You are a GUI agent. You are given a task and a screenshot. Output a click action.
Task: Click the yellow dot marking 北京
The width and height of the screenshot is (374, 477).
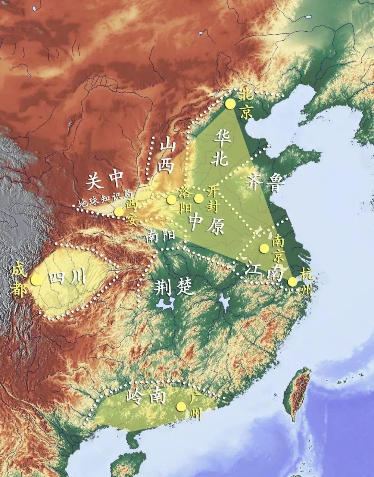231,104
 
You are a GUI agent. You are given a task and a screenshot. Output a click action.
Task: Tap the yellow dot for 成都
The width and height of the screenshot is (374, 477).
36,280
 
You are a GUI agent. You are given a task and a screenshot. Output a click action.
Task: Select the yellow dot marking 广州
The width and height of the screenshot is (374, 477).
181,406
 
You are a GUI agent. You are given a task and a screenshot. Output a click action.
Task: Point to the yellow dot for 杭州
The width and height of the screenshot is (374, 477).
293,282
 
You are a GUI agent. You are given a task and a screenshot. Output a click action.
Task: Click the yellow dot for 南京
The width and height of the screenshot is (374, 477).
264,248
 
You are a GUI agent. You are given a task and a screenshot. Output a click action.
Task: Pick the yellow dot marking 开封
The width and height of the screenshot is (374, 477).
199,198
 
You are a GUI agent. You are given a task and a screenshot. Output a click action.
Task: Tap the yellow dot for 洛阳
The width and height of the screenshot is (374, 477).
171,200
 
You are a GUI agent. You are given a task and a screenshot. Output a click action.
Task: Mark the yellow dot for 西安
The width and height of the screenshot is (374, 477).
119,212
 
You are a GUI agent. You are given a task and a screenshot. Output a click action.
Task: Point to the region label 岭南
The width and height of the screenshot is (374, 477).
146,396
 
